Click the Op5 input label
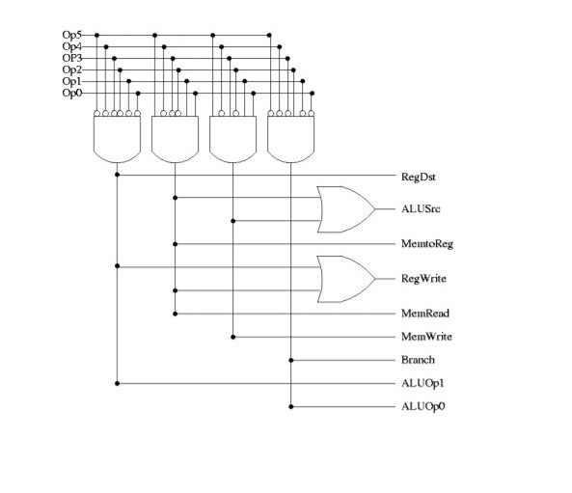pos(72,35)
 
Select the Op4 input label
pos(72,46)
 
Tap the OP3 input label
pos(72,58)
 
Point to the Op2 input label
pos(72,69)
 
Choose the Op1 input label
pos(72,81)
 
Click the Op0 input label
pos(72,93)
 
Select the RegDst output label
pos(420,177)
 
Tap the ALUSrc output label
pos(420,208)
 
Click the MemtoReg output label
pos(426,244)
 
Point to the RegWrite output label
pos(423,279)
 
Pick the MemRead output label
pos(424,314)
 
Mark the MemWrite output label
pos(425,337)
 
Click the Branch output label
pos(418,360)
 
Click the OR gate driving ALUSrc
pos(345,209)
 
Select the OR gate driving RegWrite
pos(345,279)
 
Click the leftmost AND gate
pos(117,138)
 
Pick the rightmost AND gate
pos(290,138)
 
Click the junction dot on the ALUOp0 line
pos(290,406)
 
